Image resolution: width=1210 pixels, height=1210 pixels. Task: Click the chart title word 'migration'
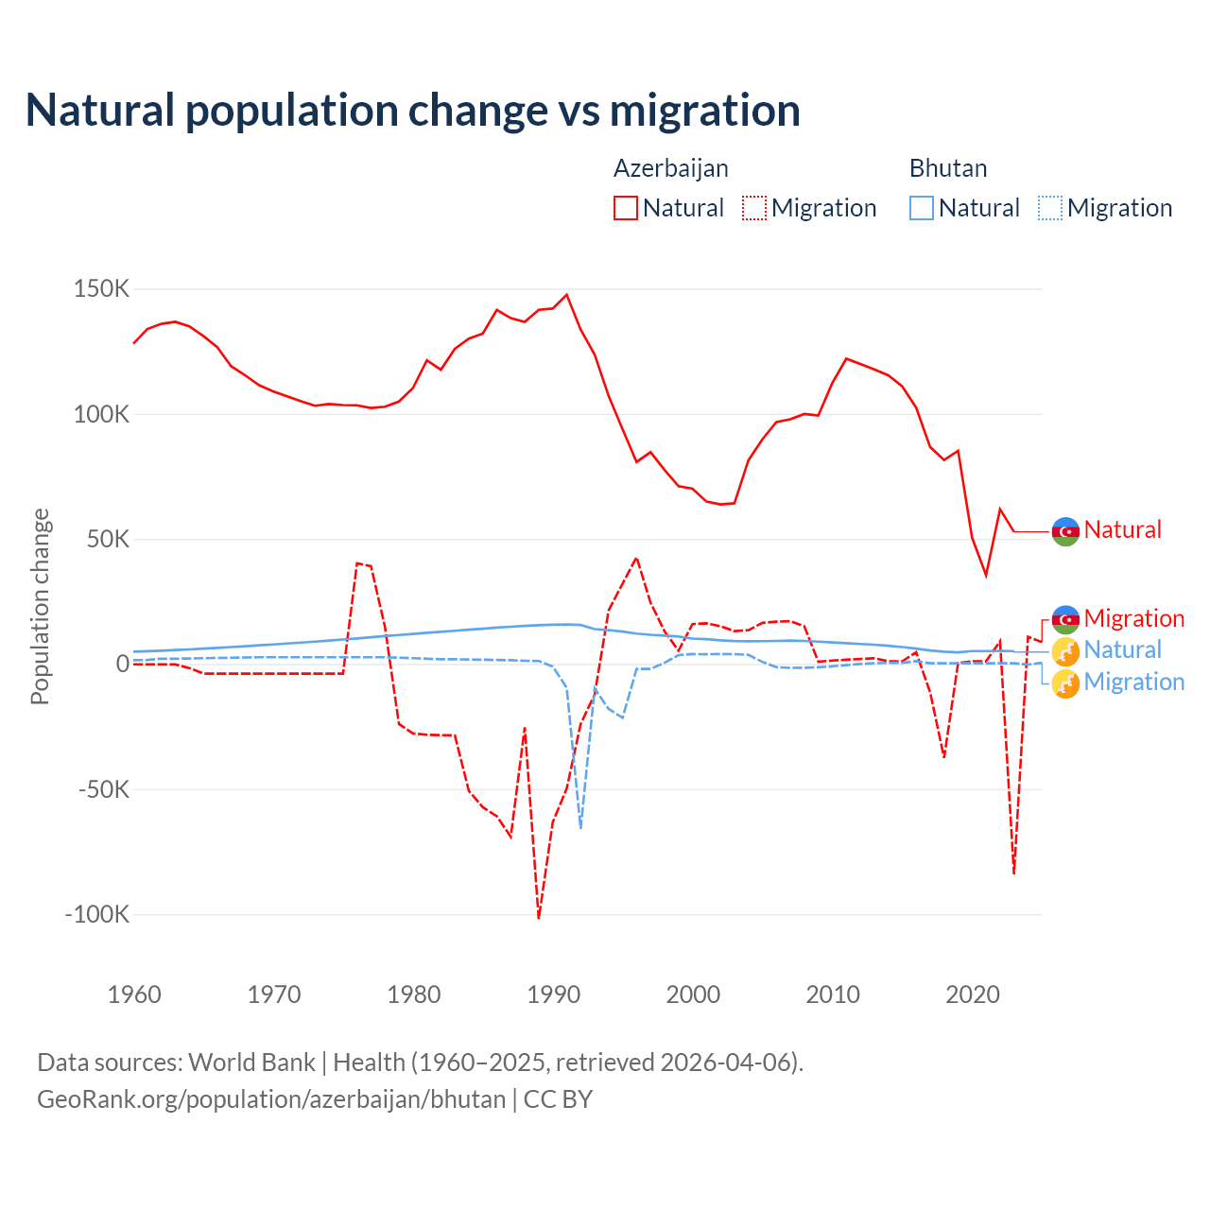pyautogui.click(x=704, y=111)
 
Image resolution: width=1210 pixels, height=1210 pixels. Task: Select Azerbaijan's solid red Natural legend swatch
pyautogui.click(x=626, y=208)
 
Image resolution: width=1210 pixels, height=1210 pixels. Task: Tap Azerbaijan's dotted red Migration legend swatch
pyautogui.click(x=754, y=208)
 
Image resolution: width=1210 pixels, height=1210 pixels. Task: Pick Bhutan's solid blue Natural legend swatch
pyautogui.click(x=922, y=208)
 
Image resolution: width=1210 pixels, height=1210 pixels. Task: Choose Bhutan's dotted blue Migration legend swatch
pyautogui.click(x=1050, y=208)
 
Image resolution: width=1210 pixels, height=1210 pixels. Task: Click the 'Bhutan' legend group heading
pyautogui.click(x=948, y=168)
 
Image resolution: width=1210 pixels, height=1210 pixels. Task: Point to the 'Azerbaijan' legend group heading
pyautogui.click(x=671, y=168)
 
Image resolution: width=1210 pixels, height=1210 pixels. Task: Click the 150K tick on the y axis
pyautogui.click(x=101, y=289)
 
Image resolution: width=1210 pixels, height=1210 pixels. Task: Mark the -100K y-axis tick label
pyautogui.click(x=96, y=914)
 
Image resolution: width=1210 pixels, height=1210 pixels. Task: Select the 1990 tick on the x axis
pyautogui.click(x=554, y=994)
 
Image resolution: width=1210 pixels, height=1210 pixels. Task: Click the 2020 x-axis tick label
pyautogui.click(x=973, y=994)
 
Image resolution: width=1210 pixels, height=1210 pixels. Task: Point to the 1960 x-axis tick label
pyautogui.click(x=134, y=994)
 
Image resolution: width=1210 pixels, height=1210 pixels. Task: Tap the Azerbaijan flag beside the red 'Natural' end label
pyautogui.click(x=1065, y=531)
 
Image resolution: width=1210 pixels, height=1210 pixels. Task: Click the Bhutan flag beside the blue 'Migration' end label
pyautogui.click(x=1065, y=683)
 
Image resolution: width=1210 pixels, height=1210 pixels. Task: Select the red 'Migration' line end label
pyautogui.click(x=1133, y=618)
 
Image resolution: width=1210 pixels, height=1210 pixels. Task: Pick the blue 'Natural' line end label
pyautogui.click(x=1122, y=650)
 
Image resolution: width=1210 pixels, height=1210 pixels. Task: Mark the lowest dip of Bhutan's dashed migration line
pyautogui.click(x=580, y=827)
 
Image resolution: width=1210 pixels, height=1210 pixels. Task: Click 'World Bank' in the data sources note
pyautogui.click(x=251, y=1063)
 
